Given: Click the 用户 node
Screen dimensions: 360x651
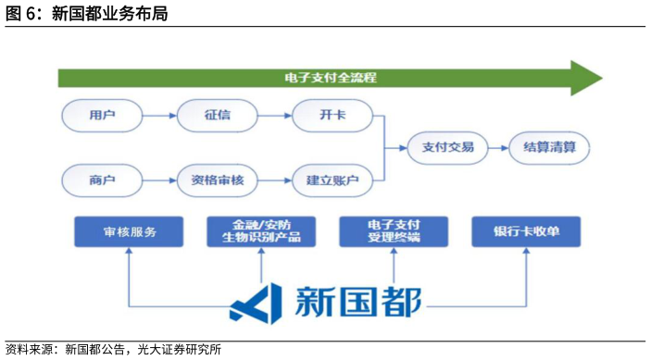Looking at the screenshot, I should tap(102, 117).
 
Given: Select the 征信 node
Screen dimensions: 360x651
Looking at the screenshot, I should tap(217, 117).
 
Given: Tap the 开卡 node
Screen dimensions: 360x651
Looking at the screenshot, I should tap(332, 117).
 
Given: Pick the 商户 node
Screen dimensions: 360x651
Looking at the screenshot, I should tap(102, 179).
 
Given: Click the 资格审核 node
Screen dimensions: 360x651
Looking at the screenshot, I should tap(217, 179).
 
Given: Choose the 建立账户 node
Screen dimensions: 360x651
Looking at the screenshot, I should tap(332, 179).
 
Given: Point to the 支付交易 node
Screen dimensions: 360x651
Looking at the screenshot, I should tap(447, 147).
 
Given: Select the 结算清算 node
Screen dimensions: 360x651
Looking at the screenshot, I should tap(549, 147).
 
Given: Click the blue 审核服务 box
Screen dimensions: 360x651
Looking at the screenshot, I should tap(129, 231).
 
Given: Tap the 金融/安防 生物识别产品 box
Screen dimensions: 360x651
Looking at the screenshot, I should tap(261, 231).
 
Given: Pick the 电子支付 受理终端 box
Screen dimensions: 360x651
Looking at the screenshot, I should tap(394, 231).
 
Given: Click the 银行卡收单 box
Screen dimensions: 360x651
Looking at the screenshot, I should tap(526, 231).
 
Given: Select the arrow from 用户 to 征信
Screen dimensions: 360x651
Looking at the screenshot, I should tap(159, 117).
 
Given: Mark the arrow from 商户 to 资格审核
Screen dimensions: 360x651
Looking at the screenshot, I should tap(159, 179).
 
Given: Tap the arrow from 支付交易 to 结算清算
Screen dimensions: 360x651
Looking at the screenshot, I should tap(498, 147).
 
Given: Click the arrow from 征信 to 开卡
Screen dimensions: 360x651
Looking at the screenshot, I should tap(274, 117).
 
